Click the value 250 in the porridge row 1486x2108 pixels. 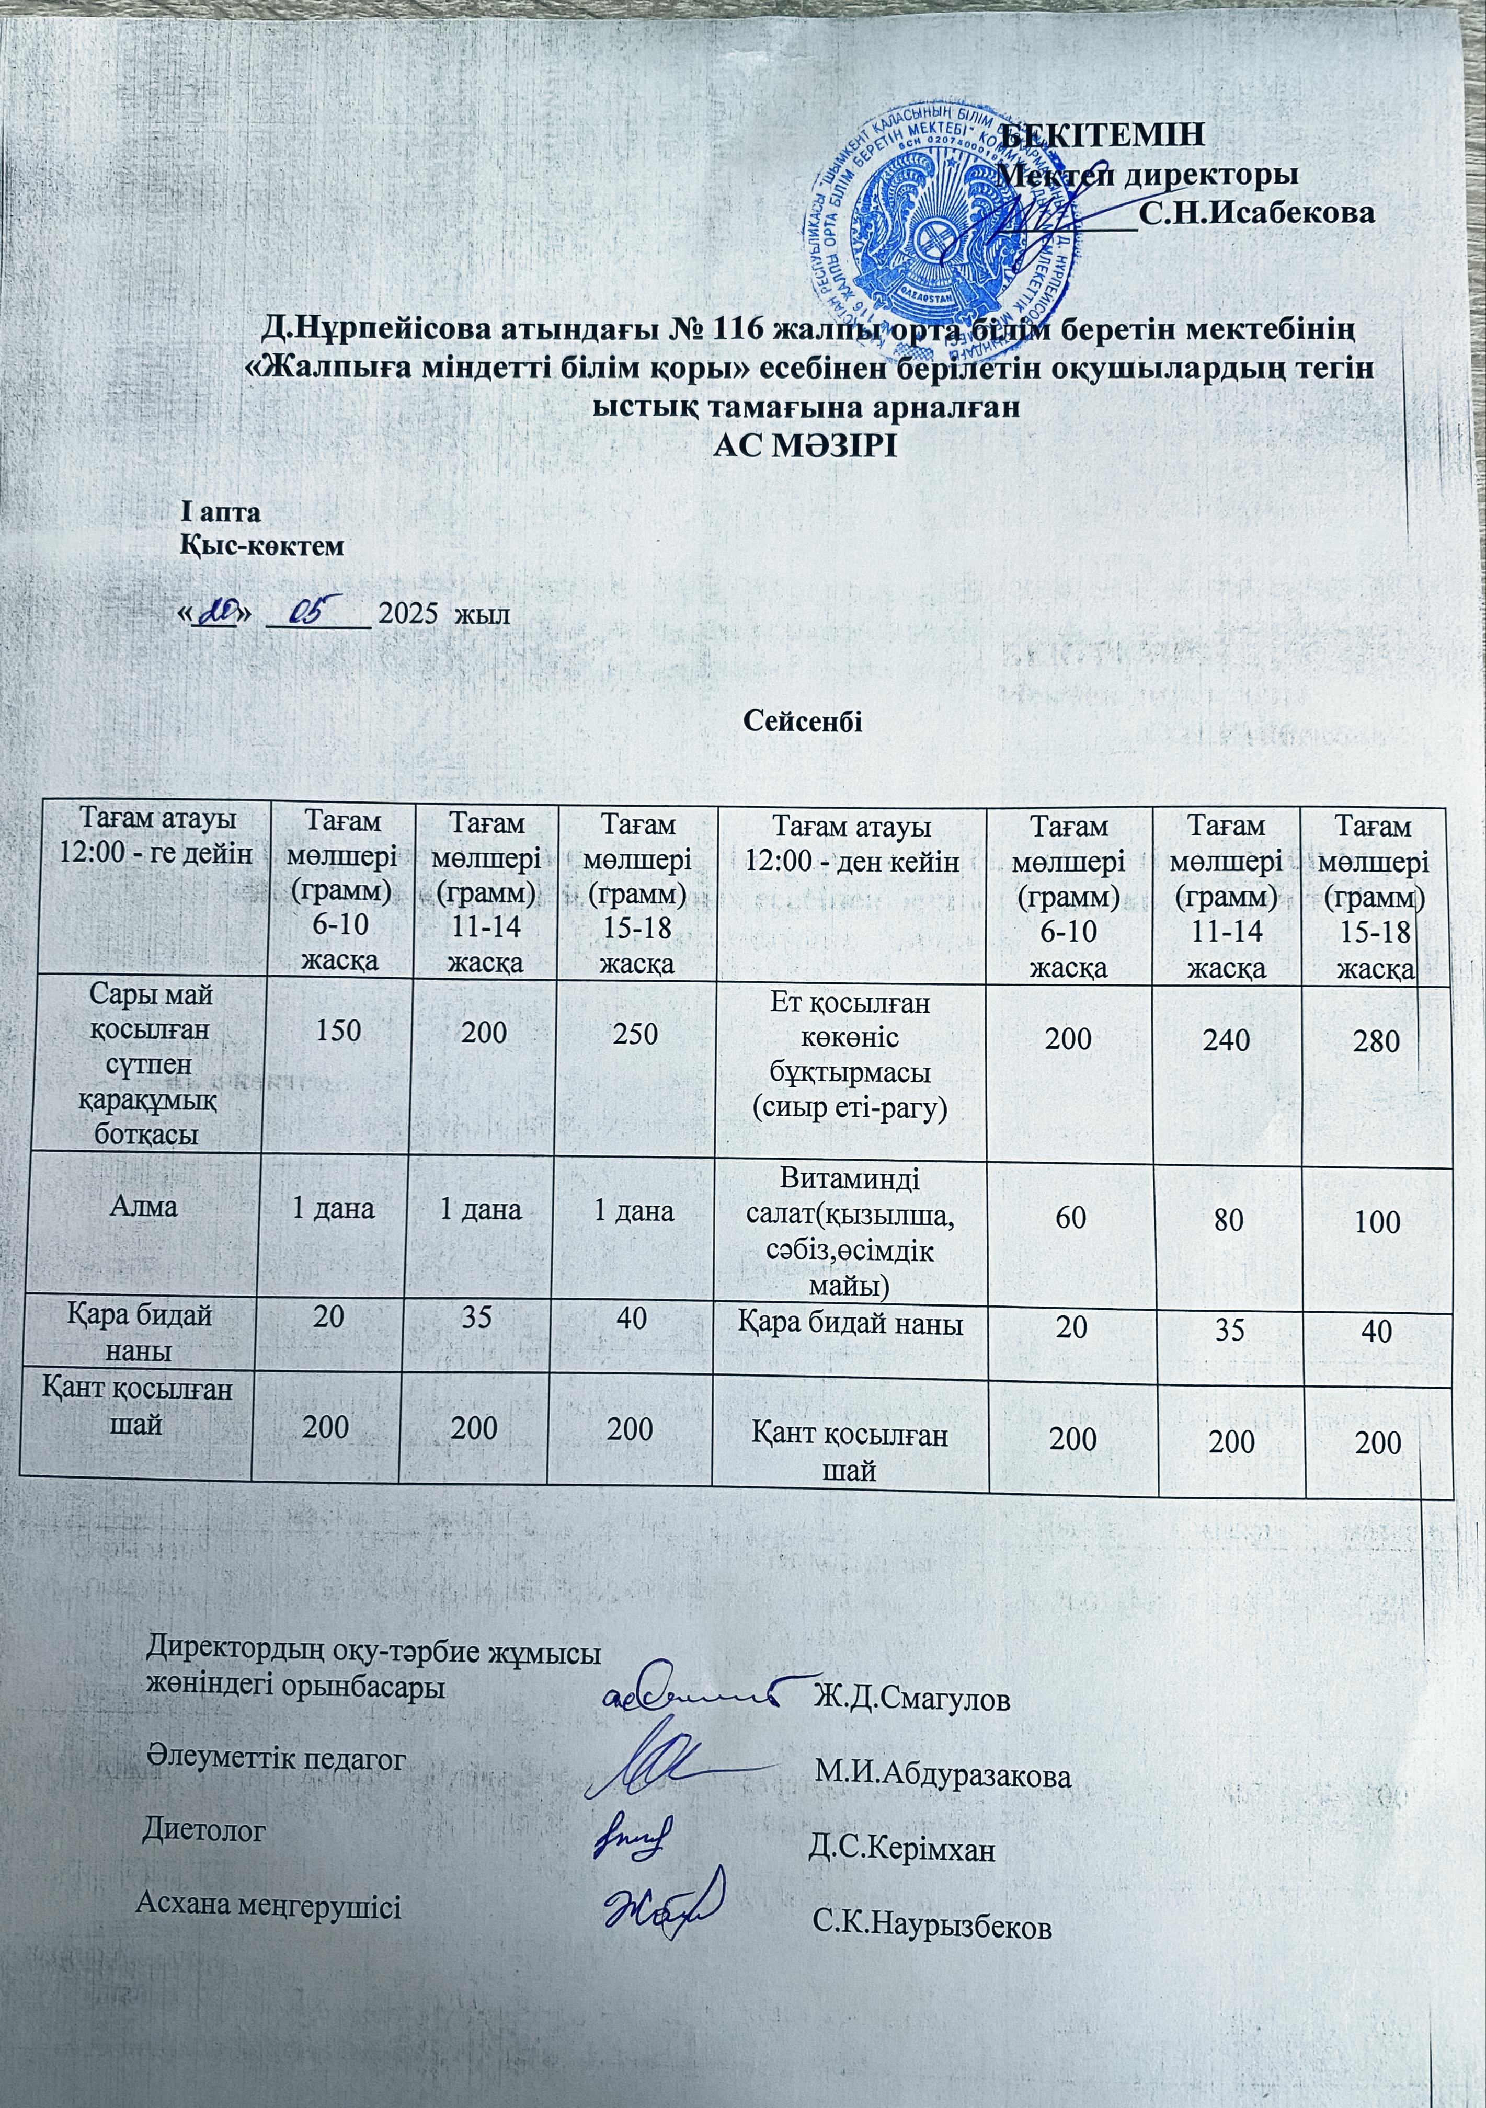point(635,1033)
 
